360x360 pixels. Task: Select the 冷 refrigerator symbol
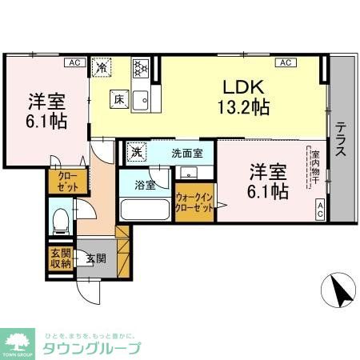pyautogui.click(x=102, y=68)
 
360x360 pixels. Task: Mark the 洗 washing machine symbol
pyautogui.click(x=136, y=152)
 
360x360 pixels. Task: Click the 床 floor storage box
pyautogui.click(x=118, y=99)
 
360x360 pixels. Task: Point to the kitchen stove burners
pyautogui.click(x=141, y=69)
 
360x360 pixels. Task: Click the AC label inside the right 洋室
pyautogui.click(x=319, y=211)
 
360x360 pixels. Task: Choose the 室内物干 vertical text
pyautogui.click(x=316, y=166)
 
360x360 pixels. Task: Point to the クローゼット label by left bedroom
pyautogui.click(x=64, y=182)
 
